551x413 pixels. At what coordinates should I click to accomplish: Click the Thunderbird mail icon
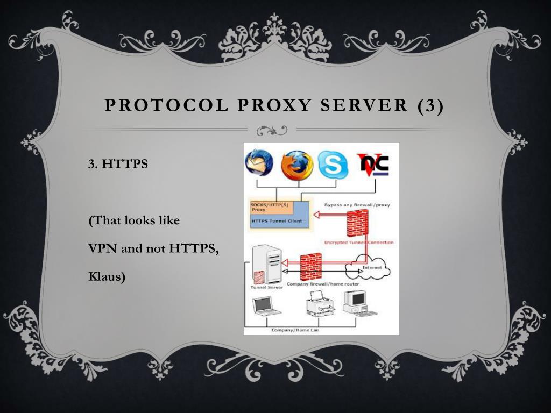click(x=259, y=163)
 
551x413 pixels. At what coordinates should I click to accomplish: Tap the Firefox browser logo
click(x=296, y=165)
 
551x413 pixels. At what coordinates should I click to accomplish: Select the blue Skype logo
click(x=333, y=165)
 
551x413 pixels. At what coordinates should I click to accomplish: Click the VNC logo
click(x=373, y=165)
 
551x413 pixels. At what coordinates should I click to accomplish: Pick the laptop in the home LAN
click(x=266, y=306)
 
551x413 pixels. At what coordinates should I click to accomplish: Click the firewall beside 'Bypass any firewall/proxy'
click(x=357, y=223)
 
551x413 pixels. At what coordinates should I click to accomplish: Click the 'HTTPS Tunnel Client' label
click(x=277, y=221)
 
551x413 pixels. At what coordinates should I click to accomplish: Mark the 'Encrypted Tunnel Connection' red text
click(x=358, y=243)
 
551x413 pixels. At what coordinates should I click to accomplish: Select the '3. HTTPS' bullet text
click(x=118, y=164)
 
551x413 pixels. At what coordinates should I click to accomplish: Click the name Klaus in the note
click(x=107, y=277)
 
